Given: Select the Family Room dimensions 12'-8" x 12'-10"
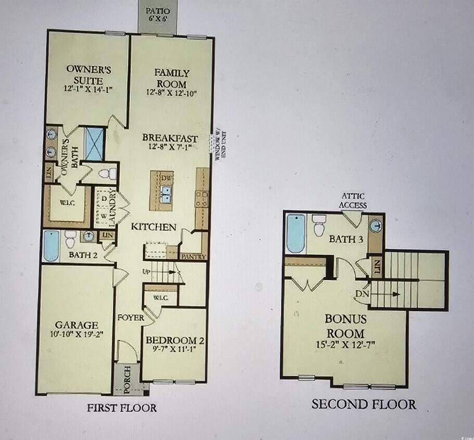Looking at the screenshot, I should pyautogui.click(x=171, y=92).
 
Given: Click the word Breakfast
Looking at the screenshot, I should pyautogui.click(x=171, y=138).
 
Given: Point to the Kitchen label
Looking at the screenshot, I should pyautogui.click(x=153, y=227).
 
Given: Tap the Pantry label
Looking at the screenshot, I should pyautogui.click(x=194, y=256).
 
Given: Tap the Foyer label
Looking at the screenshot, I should pyautogui.click(x=131, y=317).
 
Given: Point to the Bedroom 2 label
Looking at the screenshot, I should pyautogui.click(x=175, y=340).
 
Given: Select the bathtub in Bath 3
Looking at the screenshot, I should pyautogui.click(x=296, y=233).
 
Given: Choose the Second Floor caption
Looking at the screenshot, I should pyautogui.click(x=364, y=404).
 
